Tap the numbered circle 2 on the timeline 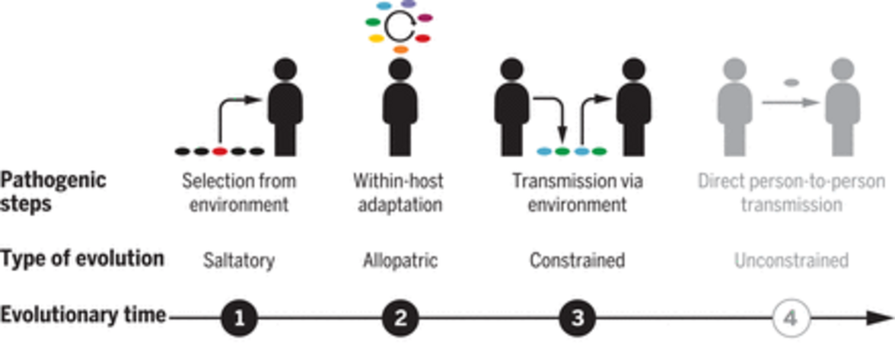(x=401, y=317)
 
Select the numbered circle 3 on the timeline (x=578, y=317)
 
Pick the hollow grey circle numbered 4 (x=791, y=317)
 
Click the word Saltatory (x=239, y=260)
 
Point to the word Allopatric (x=401, y=260)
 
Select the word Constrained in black (x=578, y=260)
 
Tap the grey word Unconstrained (x=791, y=260)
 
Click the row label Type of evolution (x=82, y=259)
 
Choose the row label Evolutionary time (x=83, y=314)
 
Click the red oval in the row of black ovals (x=220, y=151)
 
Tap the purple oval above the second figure (x=409, y=4)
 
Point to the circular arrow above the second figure (x=399, y=27)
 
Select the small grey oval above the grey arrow (x=791, y=81)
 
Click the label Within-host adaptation (x=398, y=193)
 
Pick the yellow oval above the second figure (x=377, y=38)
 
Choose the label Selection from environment (x=239, y=193)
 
